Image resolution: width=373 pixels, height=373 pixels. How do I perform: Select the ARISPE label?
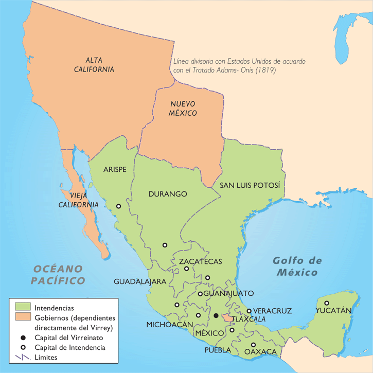(115, 169)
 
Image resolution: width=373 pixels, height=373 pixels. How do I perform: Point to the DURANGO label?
(167, 194)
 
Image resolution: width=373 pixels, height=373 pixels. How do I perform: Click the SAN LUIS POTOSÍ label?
(250, 185)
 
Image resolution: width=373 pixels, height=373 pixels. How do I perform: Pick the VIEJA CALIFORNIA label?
(78, 200)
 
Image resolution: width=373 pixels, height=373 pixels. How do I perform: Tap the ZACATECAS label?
(200, 261)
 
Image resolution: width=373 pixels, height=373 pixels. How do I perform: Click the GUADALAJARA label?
(139, 281)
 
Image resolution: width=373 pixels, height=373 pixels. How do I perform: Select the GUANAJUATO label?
(228, 293)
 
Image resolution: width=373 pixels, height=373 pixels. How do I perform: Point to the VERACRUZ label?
(273, 311)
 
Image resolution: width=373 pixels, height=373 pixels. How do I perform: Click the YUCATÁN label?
(334, 310)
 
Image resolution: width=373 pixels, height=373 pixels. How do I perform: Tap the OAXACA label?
(260, 352)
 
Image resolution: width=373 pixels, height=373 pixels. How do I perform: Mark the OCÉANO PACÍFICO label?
(57, 274)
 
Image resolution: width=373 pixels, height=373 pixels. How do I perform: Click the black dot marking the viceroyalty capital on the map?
(216, 315)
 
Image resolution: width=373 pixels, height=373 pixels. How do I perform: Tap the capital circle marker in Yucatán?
(326, 303)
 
